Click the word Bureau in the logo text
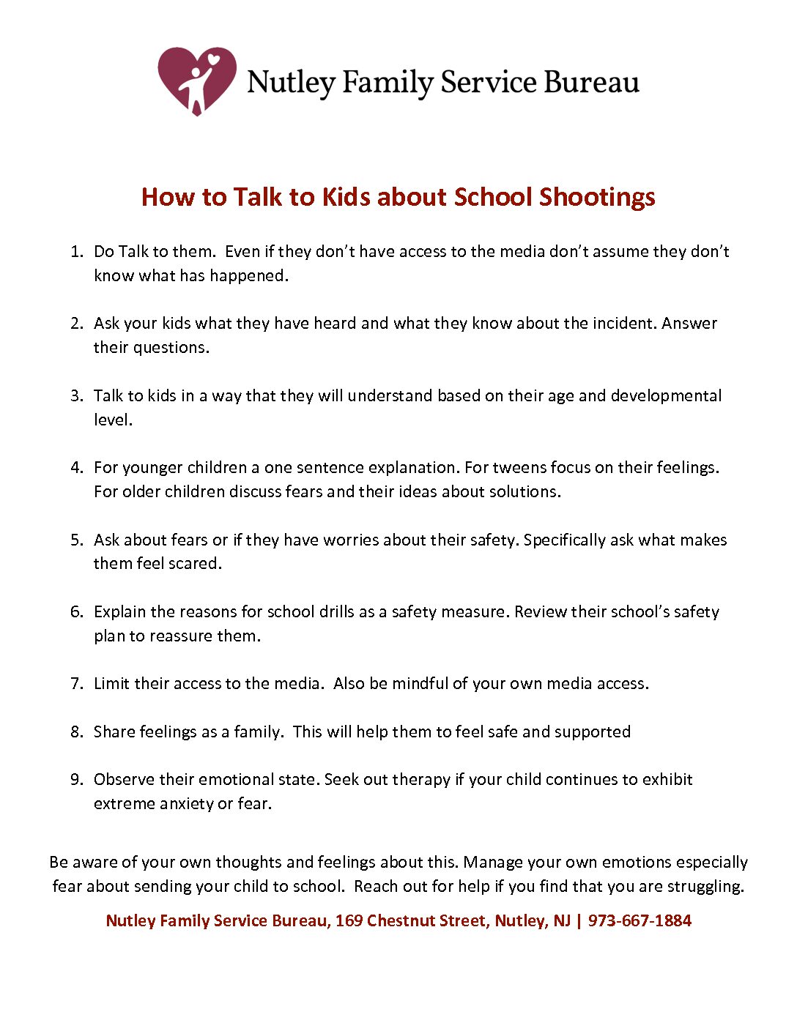[x=590, y=83]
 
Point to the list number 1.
[x=76, y=252]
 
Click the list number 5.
[x=76, y=540]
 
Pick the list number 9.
[x=76, y=780]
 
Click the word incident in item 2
[x=623, y=324]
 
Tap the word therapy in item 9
[x=421, y=780]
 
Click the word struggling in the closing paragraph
[x=705, y=887]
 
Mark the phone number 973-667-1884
[x=640, y=921]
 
